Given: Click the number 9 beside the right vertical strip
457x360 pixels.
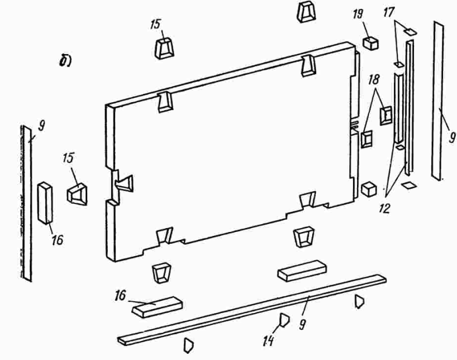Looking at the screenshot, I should (452, 136).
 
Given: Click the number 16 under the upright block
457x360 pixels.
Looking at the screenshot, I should (56, 240).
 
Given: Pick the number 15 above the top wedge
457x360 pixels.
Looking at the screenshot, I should (157, 26).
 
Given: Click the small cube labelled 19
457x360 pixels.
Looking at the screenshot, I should (370, 43).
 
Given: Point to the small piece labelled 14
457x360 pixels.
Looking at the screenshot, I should (284, 320).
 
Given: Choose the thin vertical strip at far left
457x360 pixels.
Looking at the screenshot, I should (26, 201).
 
